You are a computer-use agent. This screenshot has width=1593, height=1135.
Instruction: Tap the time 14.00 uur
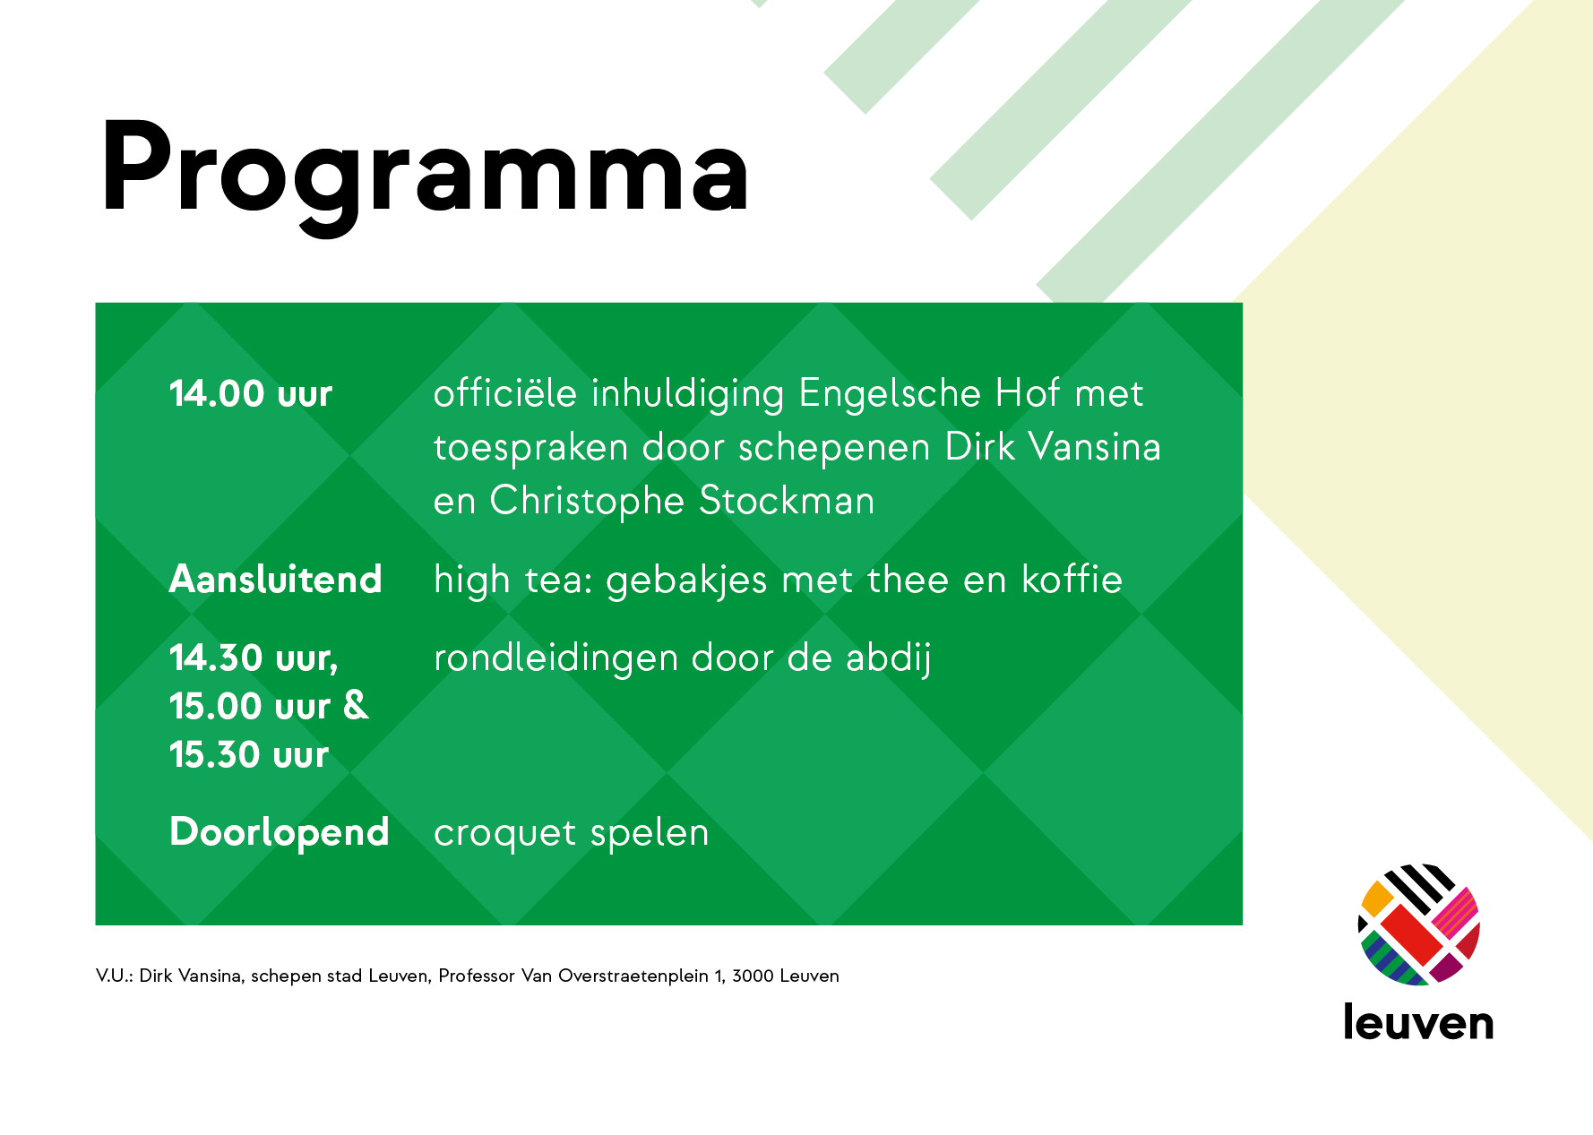click(251, 394)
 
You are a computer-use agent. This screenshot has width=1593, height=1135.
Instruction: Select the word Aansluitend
click(276, 580)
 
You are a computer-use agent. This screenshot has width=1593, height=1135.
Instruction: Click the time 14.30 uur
click(254, 658)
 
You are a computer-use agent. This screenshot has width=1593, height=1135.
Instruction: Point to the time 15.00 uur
click(250, 707)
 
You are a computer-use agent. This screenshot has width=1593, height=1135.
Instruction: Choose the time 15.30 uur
click(249, 755)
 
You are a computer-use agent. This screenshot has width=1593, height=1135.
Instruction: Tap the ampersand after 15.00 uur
click(356, 706)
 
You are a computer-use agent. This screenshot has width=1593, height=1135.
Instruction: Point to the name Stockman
click(787, 501)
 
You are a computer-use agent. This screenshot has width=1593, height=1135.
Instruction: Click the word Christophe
click(587, 502)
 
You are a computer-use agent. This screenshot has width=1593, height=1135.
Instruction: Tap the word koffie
click(1072, 580)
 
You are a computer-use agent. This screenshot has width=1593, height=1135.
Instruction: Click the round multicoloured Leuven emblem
click(1419, 924)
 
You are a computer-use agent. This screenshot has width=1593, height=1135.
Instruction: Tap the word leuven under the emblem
click(1419, 1022)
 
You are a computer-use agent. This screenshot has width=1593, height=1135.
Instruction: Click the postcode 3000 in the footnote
click(753, 976)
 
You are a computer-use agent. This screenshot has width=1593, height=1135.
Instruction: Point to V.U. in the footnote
click(114, 976)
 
